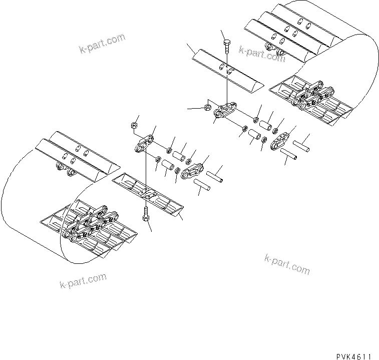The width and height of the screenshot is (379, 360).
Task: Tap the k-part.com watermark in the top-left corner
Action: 102,43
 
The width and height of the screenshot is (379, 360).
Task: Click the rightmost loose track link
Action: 282,140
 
